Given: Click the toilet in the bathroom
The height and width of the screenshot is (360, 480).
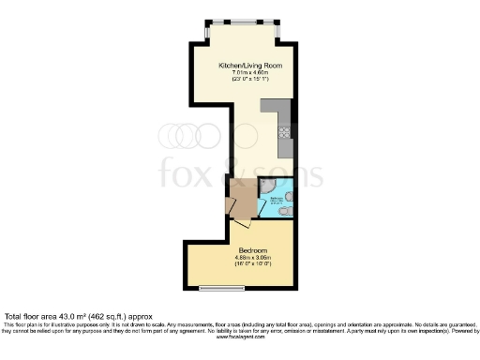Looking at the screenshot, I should [286, 212].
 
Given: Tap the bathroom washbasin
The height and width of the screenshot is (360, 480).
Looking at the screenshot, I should [289, 196].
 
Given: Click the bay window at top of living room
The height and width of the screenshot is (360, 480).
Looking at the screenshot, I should [241, 22].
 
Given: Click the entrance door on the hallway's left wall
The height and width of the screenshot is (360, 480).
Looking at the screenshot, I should [229, 206].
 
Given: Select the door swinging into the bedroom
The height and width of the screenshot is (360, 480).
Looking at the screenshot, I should [241, 223].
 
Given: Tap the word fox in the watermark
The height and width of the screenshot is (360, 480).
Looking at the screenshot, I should [188, 172].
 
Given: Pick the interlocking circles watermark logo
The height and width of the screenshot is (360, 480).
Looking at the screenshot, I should [187, 136].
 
